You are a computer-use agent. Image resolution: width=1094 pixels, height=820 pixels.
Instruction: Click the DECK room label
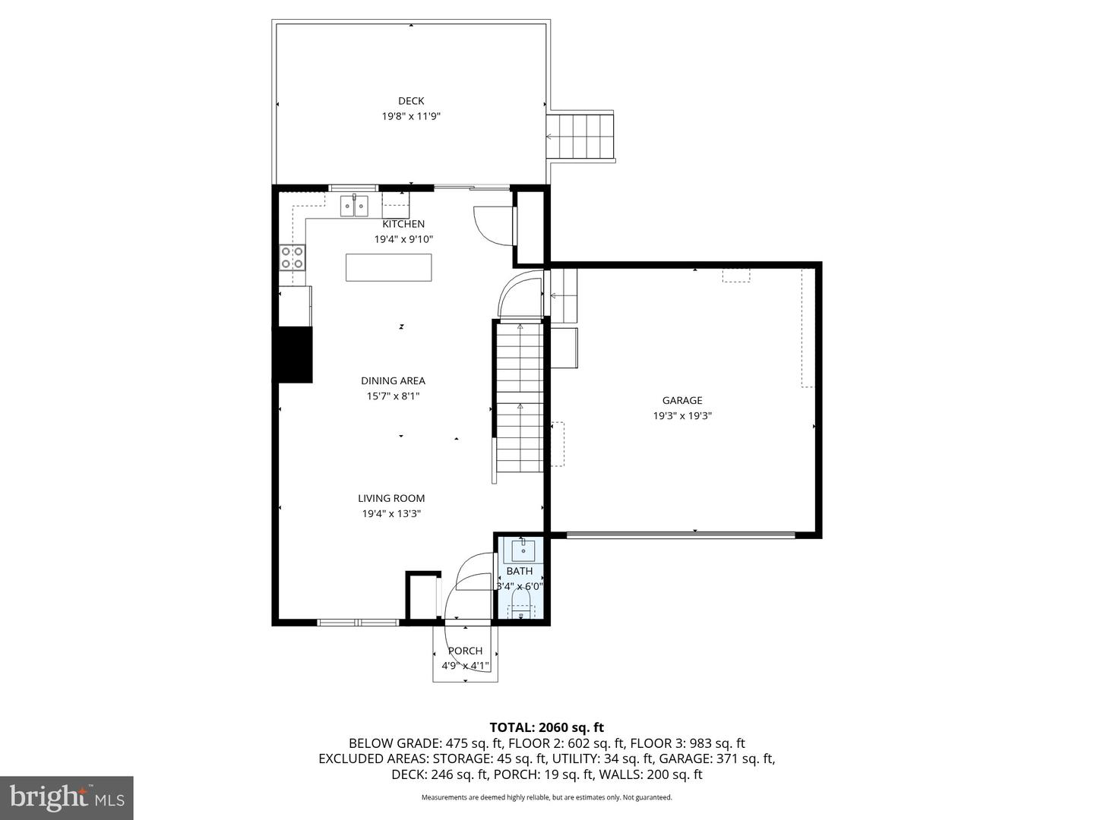411,101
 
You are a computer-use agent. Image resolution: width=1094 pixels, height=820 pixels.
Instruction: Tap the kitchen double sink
354,206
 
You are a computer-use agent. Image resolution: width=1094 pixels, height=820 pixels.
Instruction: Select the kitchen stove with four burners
292,258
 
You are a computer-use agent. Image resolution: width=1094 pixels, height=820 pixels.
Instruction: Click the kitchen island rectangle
389,267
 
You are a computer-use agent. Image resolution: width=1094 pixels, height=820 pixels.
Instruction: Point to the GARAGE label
681,400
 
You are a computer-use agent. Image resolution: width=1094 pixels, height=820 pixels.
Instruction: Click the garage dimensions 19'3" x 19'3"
681,416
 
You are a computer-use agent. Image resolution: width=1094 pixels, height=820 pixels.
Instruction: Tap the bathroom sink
523,551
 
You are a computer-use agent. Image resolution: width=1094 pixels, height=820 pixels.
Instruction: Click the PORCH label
465,651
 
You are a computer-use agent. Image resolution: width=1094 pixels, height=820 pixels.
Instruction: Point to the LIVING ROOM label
391,498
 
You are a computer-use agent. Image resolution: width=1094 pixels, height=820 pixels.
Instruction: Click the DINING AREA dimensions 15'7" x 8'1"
393,396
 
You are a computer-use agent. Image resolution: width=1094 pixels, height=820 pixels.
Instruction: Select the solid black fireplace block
295,355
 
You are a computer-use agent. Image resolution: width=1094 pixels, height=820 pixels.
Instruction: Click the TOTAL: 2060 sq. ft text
546,728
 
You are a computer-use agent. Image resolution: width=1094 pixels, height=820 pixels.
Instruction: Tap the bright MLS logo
66,797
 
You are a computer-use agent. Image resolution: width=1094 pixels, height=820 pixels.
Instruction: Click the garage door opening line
680,535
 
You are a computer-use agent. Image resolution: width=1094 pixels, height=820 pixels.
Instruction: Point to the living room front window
358,623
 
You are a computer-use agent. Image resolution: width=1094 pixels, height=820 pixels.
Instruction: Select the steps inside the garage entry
563,296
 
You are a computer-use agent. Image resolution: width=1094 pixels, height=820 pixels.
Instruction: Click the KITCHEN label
403,224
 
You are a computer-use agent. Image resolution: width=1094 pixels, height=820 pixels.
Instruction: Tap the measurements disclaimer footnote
546,797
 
